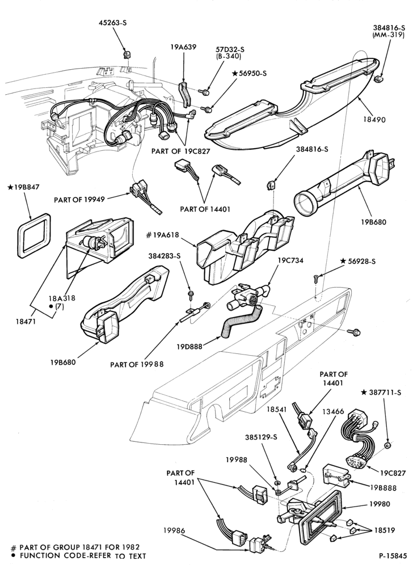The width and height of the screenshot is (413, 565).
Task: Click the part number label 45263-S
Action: tap(113, 23)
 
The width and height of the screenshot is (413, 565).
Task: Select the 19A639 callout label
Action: tap(183, 47)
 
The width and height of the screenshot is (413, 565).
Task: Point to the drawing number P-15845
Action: tap(393, 555)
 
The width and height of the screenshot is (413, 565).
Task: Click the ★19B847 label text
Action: tap(23, 187)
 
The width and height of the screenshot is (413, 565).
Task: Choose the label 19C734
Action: tap(290, 260)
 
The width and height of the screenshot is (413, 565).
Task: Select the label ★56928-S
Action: tap(358, 261)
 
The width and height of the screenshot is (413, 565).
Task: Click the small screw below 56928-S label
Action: tap(316, 277)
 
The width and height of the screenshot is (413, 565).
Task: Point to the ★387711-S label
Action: tap(381, 393)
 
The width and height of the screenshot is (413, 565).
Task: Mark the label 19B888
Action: tap(383, 488)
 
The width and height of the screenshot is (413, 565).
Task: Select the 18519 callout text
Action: tap(384, 530)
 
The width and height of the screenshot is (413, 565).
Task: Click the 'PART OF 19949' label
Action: tap(79, 199)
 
